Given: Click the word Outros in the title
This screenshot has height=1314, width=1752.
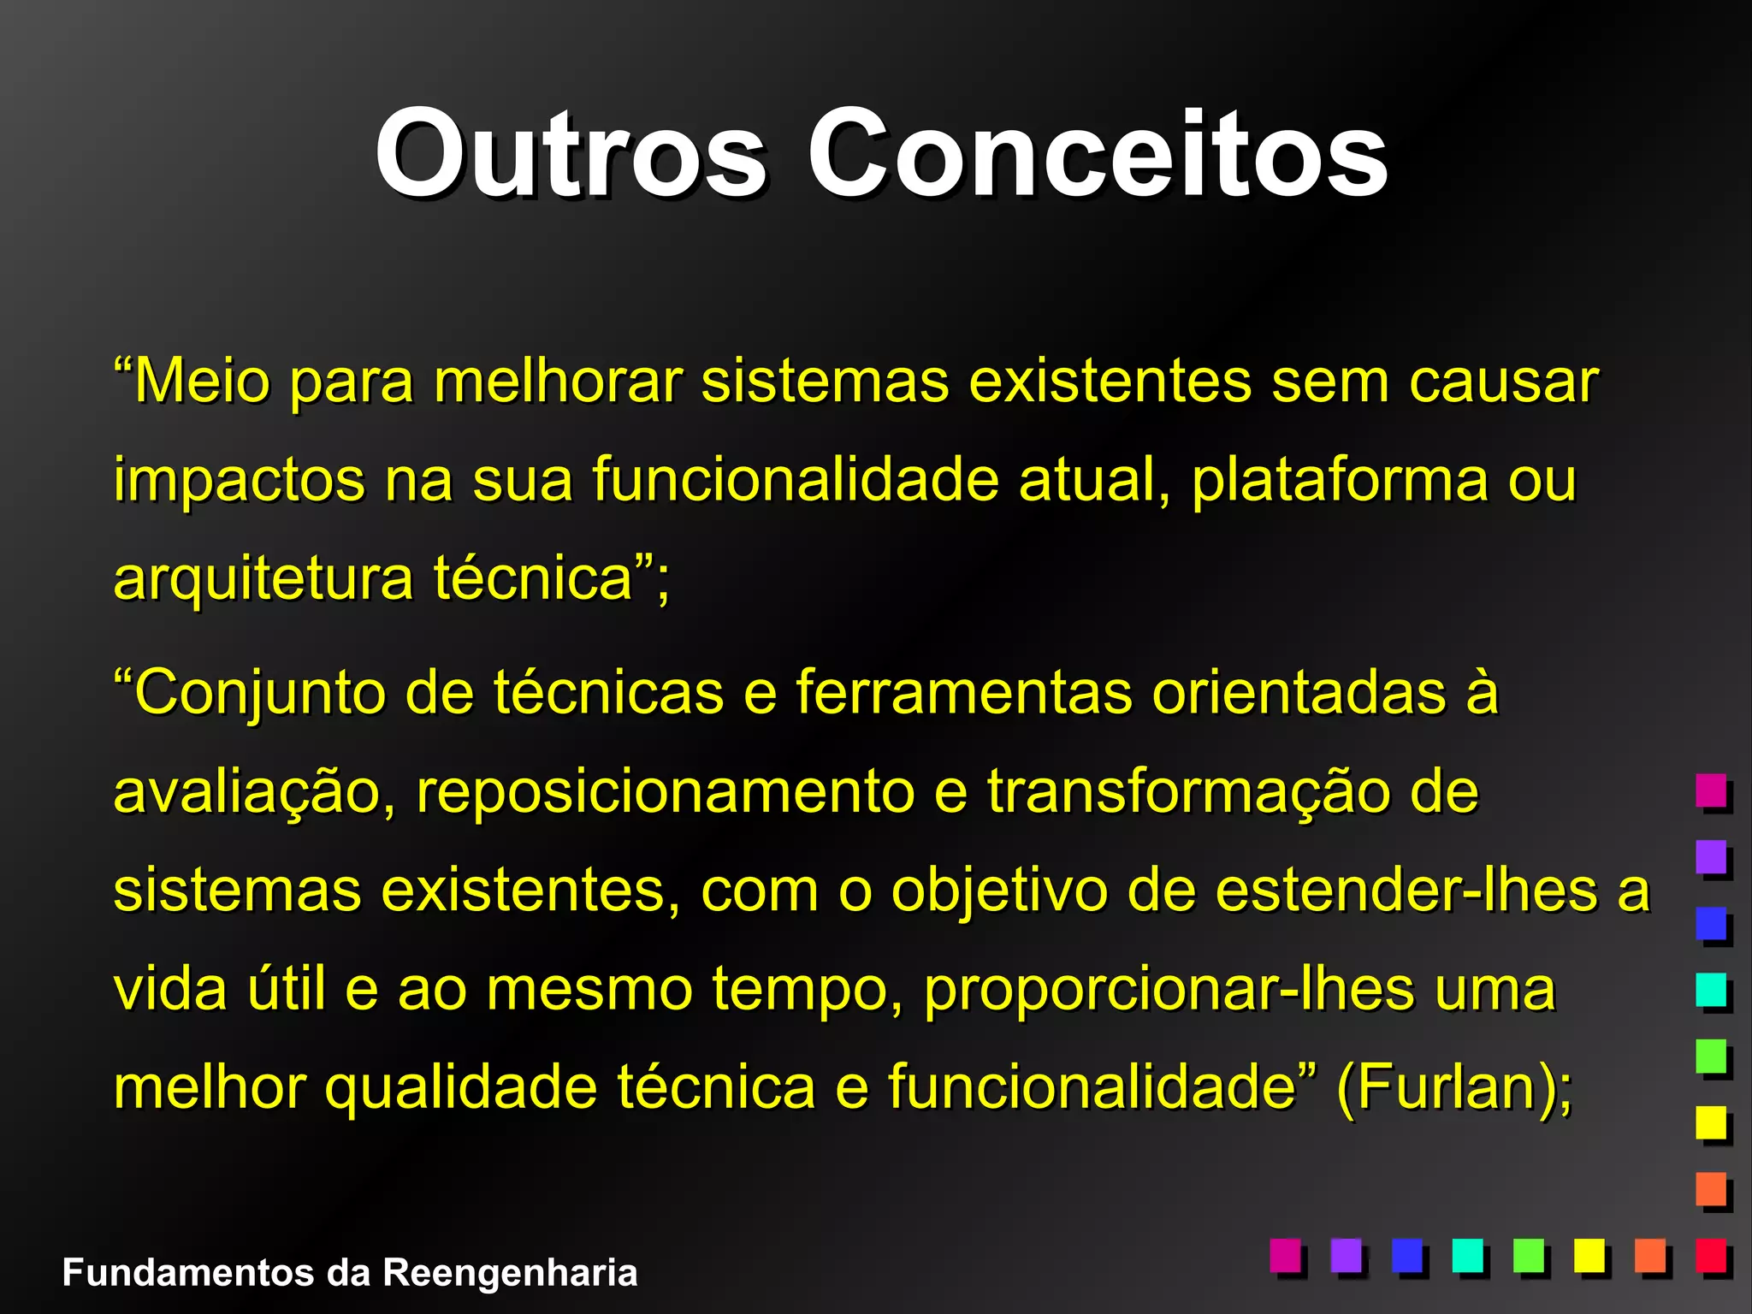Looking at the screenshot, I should (x=571, y=154).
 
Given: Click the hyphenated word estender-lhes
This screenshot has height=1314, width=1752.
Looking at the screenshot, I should (x=1406, y=891).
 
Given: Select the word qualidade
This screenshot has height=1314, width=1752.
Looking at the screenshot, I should (x=461, y=1089).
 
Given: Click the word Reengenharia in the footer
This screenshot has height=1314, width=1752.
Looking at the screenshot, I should (x=510, y=1273).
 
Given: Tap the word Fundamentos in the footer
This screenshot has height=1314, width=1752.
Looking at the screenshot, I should (x=188, y=1273).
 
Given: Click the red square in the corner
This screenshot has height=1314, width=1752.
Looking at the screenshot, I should (x=1711, y=1255).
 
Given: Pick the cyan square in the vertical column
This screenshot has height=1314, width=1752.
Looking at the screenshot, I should (x=1711, y=989).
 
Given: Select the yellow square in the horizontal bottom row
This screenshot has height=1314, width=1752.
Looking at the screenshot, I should (x=1589, y=1255).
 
